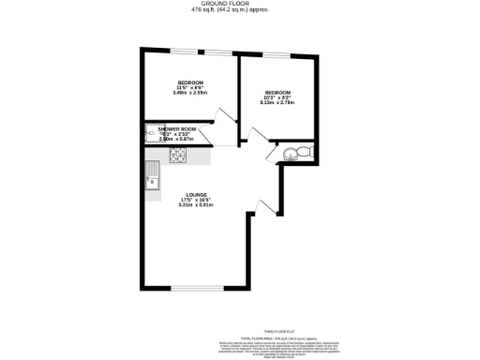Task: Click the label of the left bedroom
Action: click(x=189, y=82)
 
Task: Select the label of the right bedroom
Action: click(x=277, y=93)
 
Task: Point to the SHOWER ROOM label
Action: click(x=176, y=128)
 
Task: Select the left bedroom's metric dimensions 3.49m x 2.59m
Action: click(x=189, y=93)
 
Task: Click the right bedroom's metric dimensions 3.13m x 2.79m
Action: click(x=277, y=104)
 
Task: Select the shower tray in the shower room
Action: click(x=151, y=135)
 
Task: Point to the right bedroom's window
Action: click(x=277, y=51)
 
